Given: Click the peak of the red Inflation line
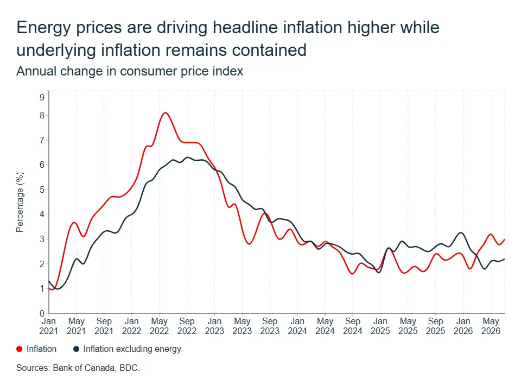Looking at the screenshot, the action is coord(166,113).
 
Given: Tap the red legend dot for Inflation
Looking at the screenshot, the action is coord(20,349).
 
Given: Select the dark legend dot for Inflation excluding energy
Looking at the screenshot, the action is coord(77,349).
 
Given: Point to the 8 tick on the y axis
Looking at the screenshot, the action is coord(42,115).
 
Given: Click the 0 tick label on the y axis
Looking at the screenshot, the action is coord(42,313).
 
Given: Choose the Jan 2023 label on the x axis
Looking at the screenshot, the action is coord(214,326).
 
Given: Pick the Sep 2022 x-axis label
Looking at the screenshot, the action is coord(187,326).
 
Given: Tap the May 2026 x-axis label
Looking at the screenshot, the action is coord(491,326).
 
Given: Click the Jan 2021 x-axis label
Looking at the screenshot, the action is coord(48,326).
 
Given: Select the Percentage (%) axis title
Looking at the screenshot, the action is coord(20,202).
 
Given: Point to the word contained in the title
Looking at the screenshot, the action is coord(269,50).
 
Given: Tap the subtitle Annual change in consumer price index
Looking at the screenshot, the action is coord(130,71).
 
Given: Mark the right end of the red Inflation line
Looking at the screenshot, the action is coord(505,239).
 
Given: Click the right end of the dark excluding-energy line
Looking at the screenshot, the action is coord(505,259).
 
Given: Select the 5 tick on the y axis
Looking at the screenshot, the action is coord(42,190).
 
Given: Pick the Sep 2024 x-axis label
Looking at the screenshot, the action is coord(353,326).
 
